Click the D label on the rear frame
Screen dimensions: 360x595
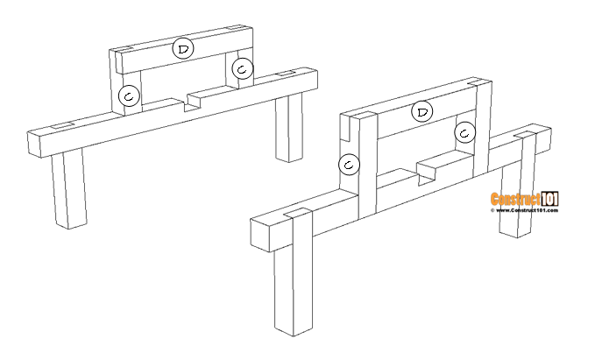coord(183,49)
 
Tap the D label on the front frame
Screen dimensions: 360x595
coord(423,111)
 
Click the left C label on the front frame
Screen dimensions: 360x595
coord(350,164)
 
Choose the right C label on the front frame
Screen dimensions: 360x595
coord(465,132)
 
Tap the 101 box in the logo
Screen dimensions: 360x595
coord(550,200)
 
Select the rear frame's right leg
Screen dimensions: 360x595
coord(288,128)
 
